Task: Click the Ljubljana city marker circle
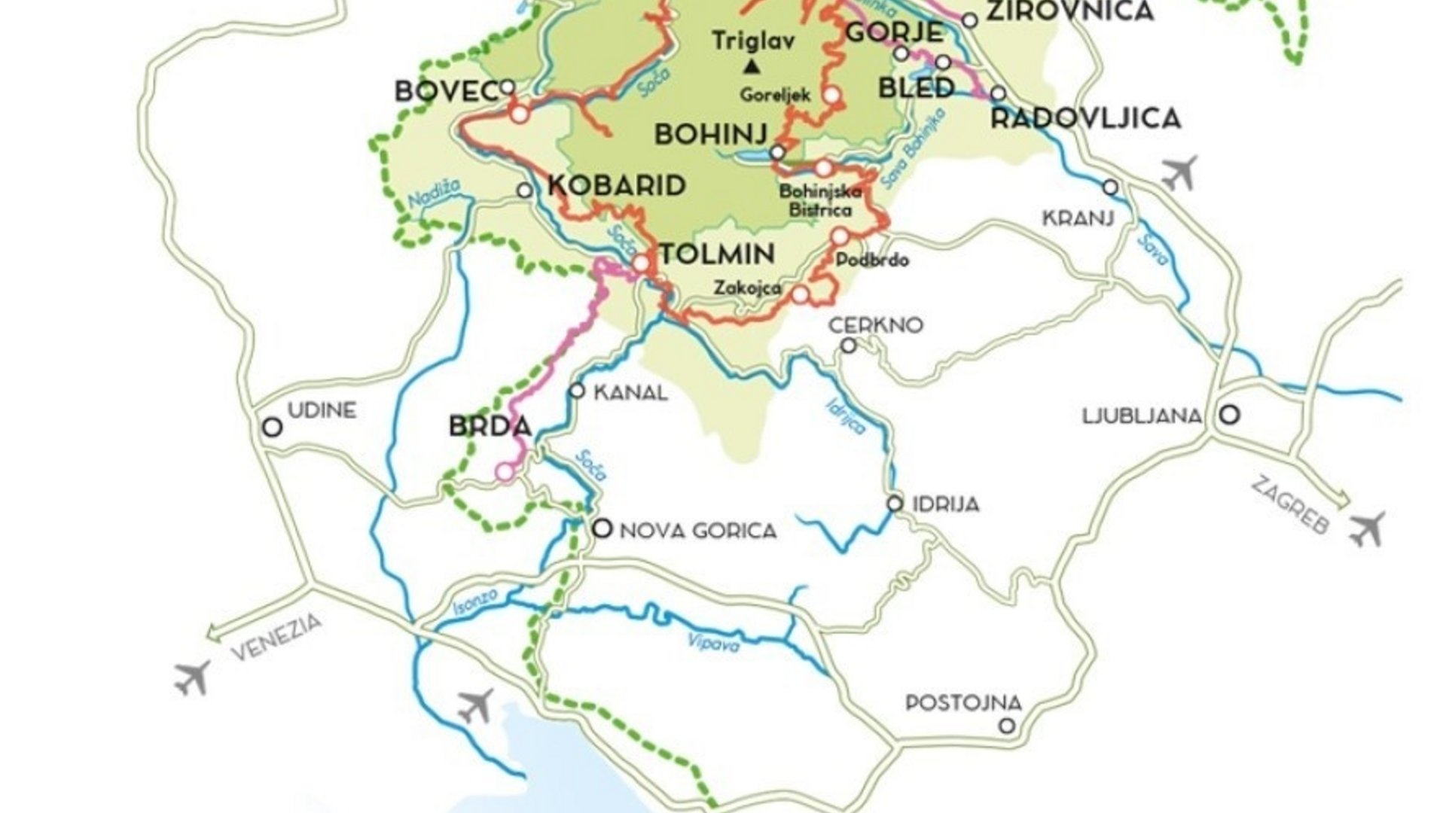1230,414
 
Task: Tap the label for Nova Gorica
697,531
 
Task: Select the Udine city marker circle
272,428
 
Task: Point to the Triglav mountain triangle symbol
751,68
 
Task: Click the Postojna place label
963,703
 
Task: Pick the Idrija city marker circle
895,504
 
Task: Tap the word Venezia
276,637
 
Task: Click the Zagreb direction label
1289,506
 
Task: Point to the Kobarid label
617,185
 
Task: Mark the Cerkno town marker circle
849,346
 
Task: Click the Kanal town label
630,392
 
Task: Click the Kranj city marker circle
1111,187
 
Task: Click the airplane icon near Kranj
1179,173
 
